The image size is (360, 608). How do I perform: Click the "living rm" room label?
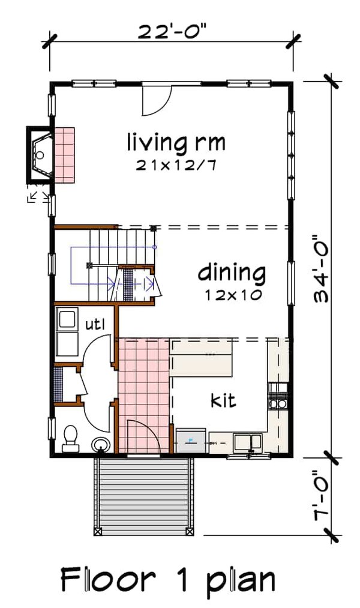[176, 143]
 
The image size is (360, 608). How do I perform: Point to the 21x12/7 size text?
[176, 166]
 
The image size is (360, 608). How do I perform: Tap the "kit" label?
[223, 400]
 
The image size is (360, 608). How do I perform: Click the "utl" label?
[95, 325]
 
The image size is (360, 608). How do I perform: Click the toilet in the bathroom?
[71, 438]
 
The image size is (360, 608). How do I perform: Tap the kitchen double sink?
[248, 443]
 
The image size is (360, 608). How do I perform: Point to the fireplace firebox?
[41, 154]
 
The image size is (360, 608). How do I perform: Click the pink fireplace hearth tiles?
[64, 154]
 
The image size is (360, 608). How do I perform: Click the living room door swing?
[157, 100]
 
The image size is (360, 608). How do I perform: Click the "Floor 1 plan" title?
[168, 580]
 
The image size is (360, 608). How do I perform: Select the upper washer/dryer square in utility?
[67, 319]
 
